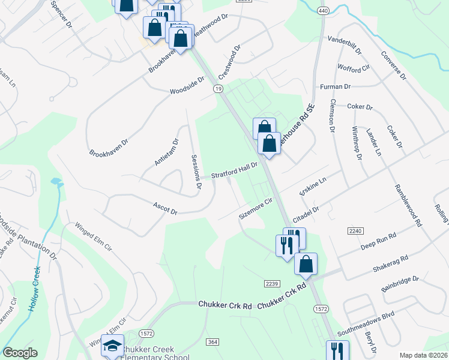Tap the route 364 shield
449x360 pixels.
pos(214,341)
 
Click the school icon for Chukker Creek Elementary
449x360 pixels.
pos(112,345)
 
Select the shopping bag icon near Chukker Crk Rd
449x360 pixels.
pos(306,264)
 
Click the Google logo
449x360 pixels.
pos(20,353)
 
